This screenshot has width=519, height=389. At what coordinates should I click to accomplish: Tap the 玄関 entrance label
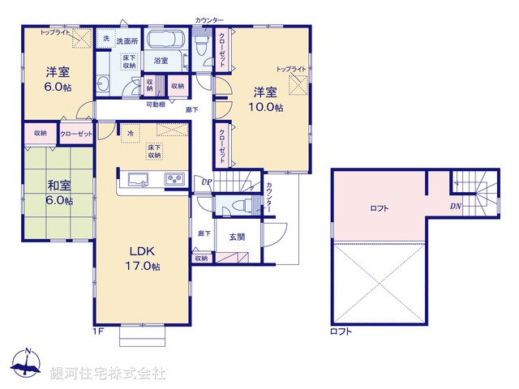click(238, 236)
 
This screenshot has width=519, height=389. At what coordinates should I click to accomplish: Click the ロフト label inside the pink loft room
click(379, 208)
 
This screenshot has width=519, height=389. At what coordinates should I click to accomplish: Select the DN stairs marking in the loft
click(457, 206)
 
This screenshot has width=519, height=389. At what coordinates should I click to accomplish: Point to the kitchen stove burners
click(176, 179)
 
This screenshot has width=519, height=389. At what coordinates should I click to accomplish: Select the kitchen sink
click(135, 179)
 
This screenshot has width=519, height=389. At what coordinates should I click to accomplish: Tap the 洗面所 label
click(127, 39)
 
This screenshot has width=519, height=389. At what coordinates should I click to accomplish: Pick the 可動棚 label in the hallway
click(156, 105)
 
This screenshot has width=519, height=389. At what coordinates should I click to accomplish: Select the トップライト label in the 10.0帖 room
click(291, 70)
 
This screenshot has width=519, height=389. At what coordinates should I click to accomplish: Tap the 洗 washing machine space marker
click(105, 39)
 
